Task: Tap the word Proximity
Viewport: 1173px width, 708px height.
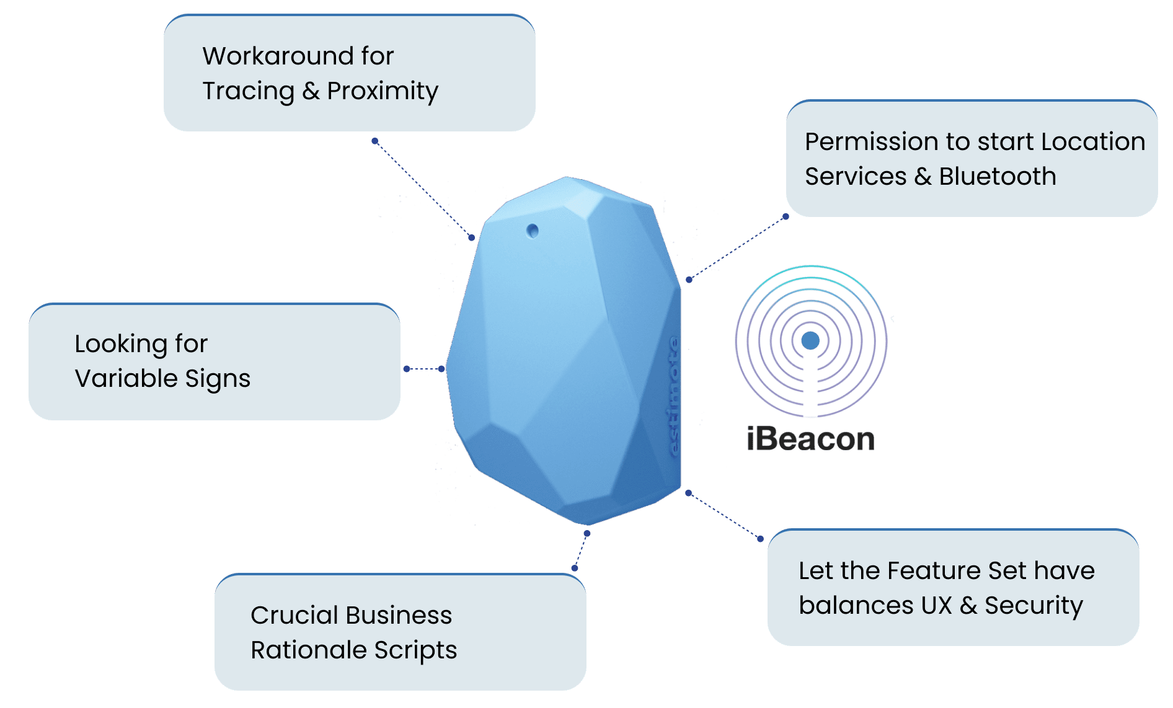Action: [x=383, y=91]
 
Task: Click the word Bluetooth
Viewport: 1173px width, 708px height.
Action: [x=998, y=177]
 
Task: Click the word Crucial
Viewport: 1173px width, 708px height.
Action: [x=294, y=616]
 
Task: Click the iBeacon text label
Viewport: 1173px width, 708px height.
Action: [x=811, y=440]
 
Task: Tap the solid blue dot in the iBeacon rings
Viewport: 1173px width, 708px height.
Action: [x=810, y=340]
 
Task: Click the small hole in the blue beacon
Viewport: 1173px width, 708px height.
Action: [x=532, y=231]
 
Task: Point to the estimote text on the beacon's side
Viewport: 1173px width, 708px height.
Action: [x=675, y=397]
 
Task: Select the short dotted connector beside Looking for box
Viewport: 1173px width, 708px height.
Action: [x=424, y=369]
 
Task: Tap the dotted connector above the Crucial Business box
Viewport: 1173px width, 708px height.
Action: [x=581, y=551]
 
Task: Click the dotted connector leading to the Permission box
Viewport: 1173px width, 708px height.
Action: [x=737, y=248]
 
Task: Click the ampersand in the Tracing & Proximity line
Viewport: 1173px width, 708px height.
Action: [x=311, y=91]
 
